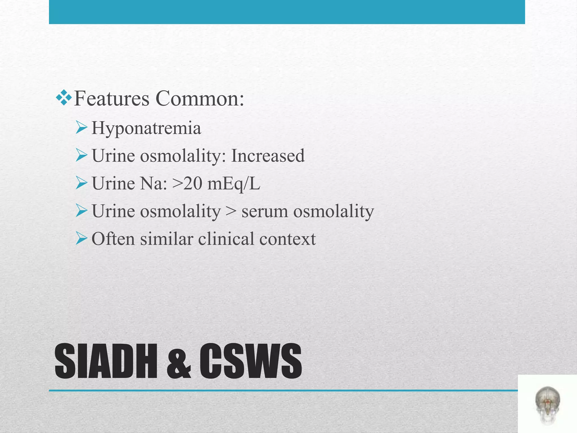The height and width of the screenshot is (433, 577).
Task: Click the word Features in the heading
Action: [111, 99]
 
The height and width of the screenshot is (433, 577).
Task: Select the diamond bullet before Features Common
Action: [64, 98]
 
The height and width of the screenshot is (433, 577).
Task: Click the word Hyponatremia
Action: [146, 128]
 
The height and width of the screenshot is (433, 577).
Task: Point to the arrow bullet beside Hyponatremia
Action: [81, 128]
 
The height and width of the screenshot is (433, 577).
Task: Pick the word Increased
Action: [268, 156]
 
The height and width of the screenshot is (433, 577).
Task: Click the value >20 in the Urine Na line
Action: [187, 184]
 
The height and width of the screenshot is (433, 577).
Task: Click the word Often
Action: [113, 239]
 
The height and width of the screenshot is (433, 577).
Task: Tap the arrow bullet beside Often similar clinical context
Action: [81, 239]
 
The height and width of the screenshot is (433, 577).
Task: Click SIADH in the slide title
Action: [106, 361]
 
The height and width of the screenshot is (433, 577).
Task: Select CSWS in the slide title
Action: [250, 361]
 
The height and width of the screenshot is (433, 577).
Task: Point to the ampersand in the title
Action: [179, 362]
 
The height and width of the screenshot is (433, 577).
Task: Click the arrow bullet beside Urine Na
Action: [81, 184]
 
